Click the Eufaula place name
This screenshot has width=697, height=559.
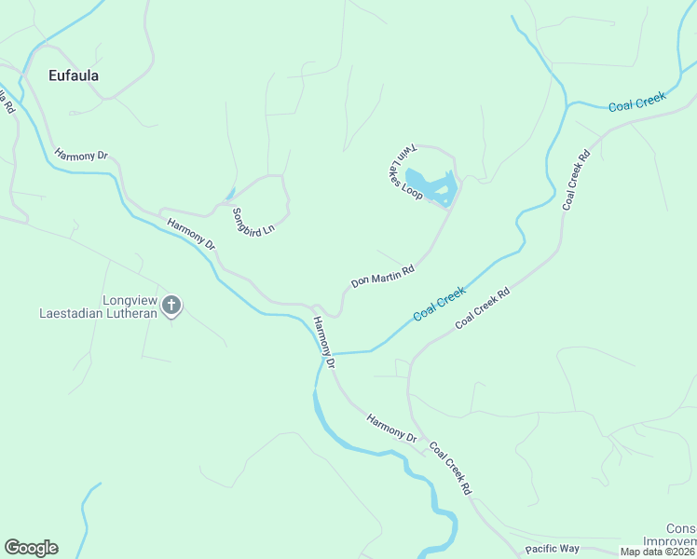74,75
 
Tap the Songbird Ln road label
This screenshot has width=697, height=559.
253,221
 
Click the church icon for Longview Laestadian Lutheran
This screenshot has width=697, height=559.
171,304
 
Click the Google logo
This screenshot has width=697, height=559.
31,548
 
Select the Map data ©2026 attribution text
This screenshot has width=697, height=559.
658,552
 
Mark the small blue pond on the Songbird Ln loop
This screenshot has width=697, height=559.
229,196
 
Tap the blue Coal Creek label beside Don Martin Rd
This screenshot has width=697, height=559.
439,305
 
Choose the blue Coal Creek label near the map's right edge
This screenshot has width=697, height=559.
638,103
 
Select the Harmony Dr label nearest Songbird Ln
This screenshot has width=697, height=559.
191,233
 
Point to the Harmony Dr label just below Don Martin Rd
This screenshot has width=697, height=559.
322,341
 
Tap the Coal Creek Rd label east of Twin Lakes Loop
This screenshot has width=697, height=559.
577,180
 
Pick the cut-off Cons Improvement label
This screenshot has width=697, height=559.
681,536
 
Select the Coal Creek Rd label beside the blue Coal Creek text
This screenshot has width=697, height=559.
484,308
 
